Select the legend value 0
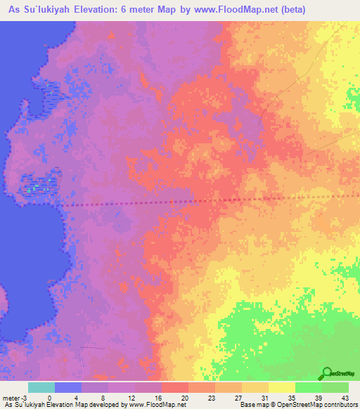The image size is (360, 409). [x=49, y=398]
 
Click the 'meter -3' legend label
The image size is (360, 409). [x=13, y=398]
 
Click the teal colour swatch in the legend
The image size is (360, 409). [x=41, y=387]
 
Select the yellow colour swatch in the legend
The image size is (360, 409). [x=281, y=387]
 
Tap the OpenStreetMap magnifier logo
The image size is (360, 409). [x=325, y=373]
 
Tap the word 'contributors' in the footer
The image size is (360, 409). [x=340, y=405]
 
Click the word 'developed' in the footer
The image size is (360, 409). [x=105, y=405]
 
